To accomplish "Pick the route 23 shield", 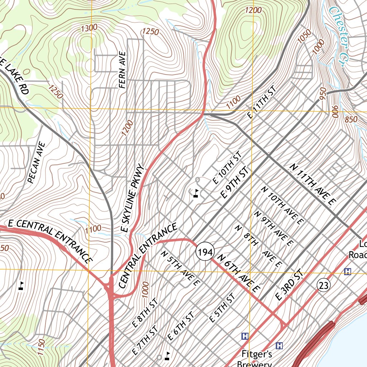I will click(x=323, y=286).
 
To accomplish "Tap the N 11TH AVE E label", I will click(x=312, y=185).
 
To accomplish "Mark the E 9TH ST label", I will click(x=234, y=183).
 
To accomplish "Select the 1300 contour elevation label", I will click(x=89, y=28).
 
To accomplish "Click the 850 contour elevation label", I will click(x=351, y=119).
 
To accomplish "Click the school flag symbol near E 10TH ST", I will click(x=196, y=194).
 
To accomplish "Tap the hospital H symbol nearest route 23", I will click(x=347, y=271).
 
